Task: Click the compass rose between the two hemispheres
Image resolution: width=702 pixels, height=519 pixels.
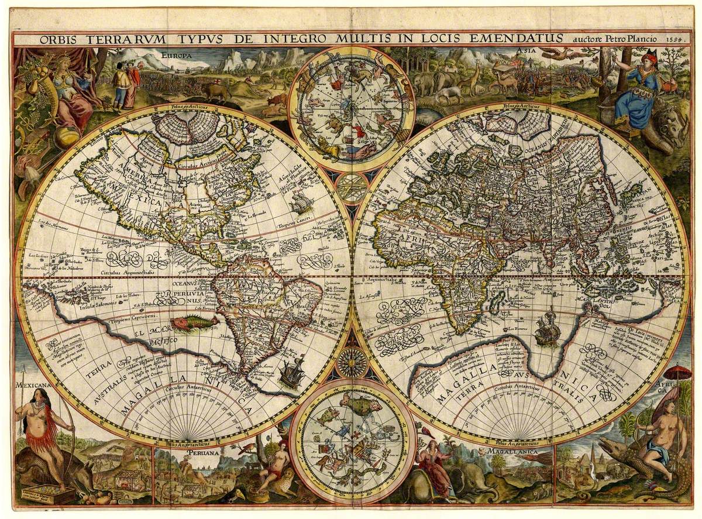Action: (x=352, y=363)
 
